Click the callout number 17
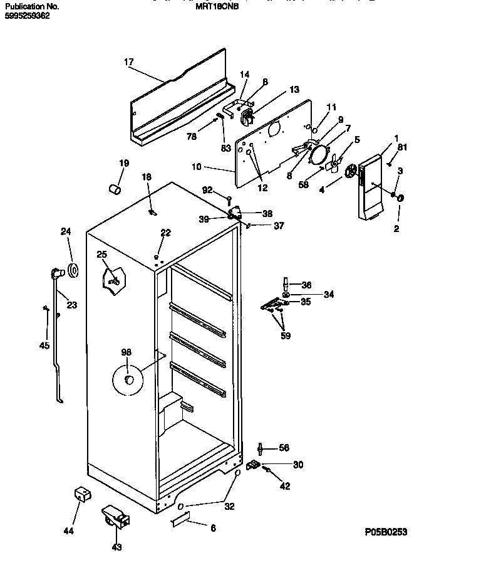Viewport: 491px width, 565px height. pos(128,61)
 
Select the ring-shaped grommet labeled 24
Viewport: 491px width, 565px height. pos(73,271)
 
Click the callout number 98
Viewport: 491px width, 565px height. pos(127,352)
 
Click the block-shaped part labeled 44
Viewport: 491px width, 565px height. pos(79,495)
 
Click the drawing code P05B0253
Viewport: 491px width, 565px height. pos(386,532)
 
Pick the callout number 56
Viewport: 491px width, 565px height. pos(284,448)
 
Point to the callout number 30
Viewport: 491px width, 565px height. pos(298,465)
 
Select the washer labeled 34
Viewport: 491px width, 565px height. pos(286,294)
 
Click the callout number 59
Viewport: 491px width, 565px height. pos(286,335)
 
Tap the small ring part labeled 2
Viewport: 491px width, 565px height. pos(400,199)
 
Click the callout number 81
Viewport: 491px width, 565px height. pos(402,147)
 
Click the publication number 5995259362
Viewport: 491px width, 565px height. pos(27,16)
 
